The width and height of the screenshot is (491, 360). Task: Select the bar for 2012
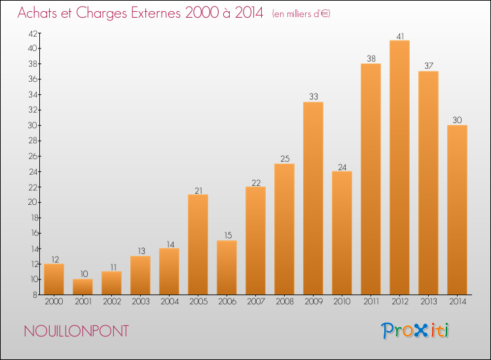pyautogui.click(x=399, y=168)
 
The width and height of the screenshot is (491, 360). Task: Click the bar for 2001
pyautogui.click(x=82, y=287)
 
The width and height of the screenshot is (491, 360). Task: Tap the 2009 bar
pyautogui.click(x=313, y=198)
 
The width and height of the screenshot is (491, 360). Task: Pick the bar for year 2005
pyautogui.click(x=198, y=245)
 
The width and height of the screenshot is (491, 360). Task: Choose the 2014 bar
pyautogui.click(x=457, y=209)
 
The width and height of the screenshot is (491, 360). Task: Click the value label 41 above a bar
pyautogui.click(x=400, y=36)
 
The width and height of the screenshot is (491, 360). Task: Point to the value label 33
pyautogui.click(x=314, y=96)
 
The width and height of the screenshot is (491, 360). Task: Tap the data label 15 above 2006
pyautogui.click(x=228, y=235)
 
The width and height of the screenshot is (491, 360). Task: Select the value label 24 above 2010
pyautogui.click(x=342, y=167)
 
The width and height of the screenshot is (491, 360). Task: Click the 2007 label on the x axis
pyautogui.click(x=256, y=301)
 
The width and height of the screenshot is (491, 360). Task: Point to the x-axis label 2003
pyautogui.click(x=141, y=301)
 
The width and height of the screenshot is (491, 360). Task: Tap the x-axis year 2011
pyautogui.click(x=371, y=301)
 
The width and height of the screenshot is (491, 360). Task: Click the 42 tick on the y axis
pyautogui.click(x=33, y=33)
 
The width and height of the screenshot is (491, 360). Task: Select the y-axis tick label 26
pyautogui.click(x=33, y=156)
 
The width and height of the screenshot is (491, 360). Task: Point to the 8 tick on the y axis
pyautogui.click(x=35, y=295)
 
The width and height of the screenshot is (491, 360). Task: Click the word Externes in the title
pyautogui.click(x=156, y=12)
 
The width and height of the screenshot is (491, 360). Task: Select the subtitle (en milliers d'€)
pyautogui.click(x=301, y=14)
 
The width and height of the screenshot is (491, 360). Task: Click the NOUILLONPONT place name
pyautogui.click(x=77, y=331)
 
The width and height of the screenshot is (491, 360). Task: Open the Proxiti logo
pyautogui.click(x=415, y=331)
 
